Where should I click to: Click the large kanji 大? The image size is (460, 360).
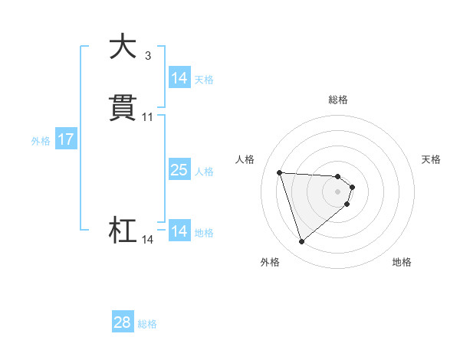123,47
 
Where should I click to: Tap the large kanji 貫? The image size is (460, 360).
123,108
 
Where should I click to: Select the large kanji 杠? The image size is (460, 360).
123,231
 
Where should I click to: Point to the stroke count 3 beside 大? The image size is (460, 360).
148,56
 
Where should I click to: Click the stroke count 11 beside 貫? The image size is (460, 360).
148,117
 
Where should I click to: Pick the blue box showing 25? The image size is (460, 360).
179,170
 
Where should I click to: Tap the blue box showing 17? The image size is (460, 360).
66,139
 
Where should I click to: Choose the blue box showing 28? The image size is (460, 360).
123,322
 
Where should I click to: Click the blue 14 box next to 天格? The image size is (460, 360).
179,78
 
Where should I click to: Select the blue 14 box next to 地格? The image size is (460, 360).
179,231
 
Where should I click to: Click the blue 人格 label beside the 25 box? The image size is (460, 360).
205,171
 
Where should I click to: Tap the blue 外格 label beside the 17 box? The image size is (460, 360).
41,140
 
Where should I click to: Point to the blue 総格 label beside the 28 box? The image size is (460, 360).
147,323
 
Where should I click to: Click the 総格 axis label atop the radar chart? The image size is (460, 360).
338,100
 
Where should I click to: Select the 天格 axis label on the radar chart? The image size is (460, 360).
431,159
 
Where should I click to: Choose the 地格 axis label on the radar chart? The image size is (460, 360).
402,262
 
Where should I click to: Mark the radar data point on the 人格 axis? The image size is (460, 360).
280,172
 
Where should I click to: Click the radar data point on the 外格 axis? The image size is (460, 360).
302,242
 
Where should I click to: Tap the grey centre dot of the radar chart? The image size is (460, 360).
338,191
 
